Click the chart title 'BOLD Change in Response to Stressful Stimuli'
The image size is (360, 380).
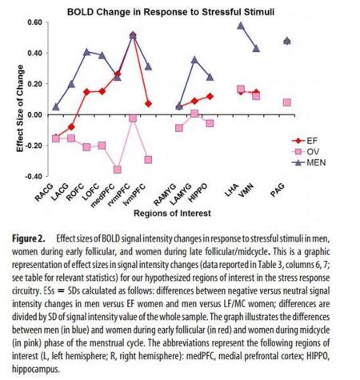[x=170, y=12]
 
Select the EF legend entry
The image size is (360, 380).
[x=305, y=141]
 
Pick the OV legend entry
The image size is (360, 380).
[x=306, y=151]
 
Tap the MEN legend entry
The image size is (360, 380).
[x=309, y=162]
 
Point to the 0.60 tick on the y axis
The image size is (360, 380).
[x=34, y=22]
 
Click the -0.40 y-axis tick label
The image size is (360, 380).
[x=34, y=176]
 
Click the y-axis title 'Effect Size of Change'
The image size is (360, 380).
[x=20, y=109]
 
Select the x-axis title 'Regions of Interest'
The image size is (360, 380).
[x=172, y=214]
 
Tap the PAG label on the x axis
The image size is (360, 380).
[x=278, y=190]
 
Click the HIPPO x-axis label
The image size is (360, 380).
[x=198, y=193]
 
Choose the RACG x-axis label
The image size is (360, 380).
[x=44, y=192]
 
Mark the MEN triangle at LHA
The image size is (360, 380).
[x=241, y=26]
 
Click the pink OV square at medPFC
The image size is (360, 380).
[x=118, y=170]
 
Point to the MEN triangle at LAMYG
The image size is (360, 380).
[x=194, y=60]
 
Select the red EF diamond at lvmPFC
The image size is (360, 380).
[x=148, y=104]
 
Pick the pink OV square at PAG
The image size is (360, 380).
[x=287, y=102]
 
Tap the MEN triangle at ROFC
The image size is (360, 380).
[x=86, y=52]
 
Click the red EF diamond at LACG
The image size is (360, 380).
[x=71, y=127]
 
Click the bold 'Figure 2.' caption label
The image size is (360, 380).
[x=29, y=238]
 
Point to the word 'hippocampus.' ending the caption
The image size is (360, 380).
[x=36, y=370]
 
